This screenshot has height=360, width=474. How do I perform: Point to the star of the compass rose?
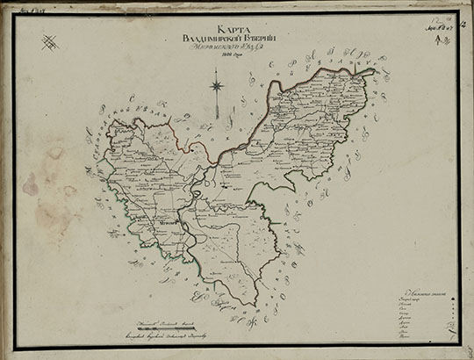coord(216,86)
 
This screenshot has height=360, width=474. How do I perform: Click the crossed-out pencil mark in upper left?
coord(51,40)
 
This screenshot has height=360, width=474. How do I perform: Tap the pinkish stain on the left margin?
coord(31,184)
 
